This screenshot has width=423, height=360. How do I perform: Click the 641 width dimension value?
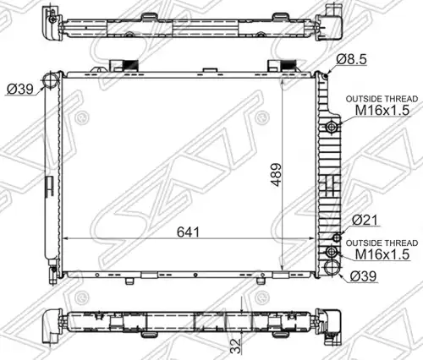point(188,232)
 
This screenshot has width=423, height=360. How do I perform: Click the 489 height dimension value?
point(277,175)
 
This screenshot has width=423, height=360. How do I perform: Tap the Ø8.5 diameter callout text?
point(351,59)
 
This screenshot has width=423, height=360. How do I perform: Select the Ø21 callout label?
point(365,220)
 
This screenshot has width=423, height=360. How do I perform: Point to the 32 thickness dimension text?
point(236,346)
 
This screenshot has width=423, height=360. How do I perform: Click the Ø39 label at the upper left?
point(19,90)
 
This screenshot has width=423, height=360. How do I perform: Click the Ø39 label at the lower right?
point(363,276)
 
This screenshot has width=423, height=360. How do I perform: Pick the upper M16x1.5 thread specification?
point(382,110)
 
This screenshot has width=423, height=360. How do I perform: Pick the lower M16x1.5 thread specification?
point(382,254)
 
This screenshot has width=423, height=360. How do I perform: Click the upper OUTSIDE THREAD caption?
point(382,99)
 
